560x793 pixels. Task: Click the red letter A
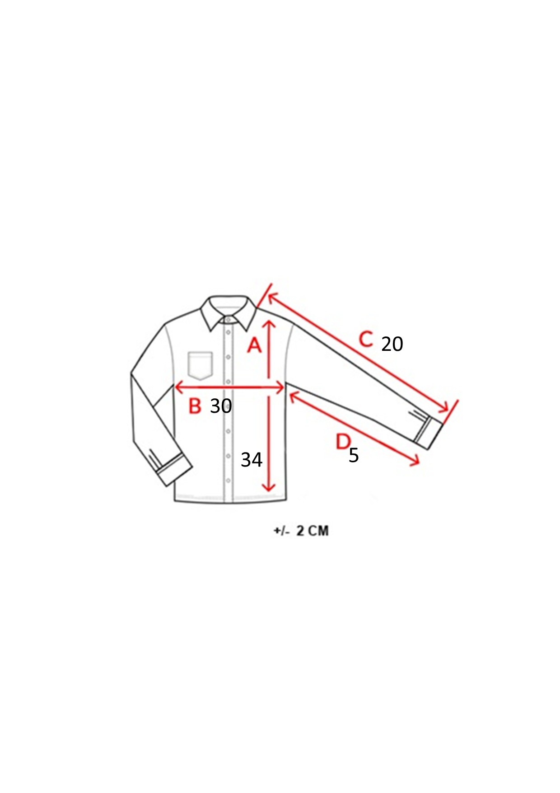[254, 345]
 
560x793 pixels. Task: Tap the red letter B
[195, 406]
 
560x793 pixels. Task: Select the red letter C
[366, 339]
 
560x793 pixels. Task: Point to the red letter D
[343, 441]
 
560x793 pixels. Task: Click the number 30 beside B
[221, 406]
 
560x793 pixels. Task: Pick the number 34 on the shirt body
[252, 460]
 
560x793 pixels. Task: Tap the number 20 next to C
[392, 344]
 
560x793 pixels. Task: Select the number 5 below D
[354, 455]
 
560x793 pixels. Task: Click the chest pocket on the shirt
[200, 365]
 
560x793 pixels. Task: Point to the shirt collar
[229, 312]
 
